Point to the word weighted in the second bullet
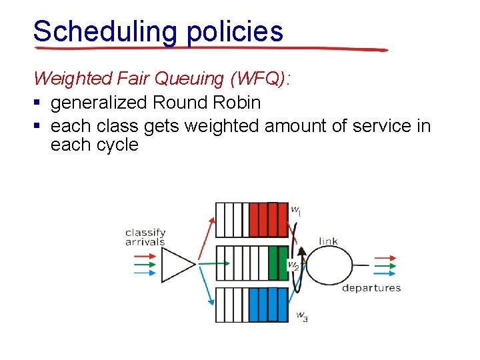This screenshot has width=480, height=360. pos(220,126)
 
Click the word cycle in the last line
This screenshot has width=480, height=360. pos(114,145)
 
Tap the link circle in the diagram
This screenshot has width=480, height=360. pos(329,265)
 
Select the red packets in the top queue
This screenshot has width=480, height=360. pos(267,219)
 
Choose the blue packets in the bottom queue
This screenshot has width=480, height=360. pos(267,305)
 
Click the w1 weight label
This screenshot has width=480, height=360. pos(296,210)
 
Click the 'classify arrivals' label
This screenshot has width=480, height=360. pos(145,237)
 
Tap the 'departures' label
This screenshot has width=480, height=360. pos(371,288)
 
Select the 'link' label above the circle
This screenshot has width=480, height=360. pos(328,241)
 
